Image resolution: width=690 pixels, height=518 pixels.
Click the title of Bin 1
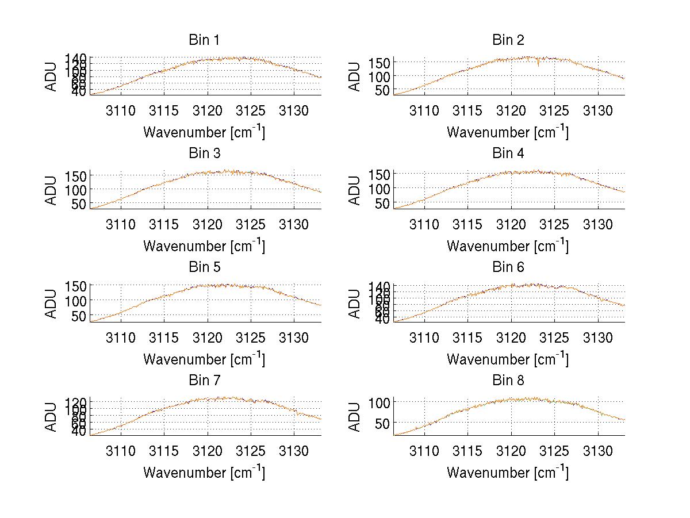pos(204,40)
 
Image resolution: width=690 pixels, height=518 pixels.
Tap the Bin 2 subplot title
pos(508,40)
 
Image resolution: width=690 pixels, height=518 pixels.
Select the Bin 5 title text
pos(204,267)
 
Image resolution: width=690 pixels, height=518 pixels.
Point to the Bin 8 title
pos(508,381)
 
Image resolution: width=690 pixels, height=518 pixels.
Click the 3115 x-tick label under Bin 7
pos(164,451)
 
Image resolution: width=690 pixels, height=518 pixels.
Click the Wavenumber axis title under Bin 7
pos(204,472)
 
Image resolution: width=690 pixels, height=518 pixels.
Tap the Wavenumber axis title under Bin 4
pos(508,245)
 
